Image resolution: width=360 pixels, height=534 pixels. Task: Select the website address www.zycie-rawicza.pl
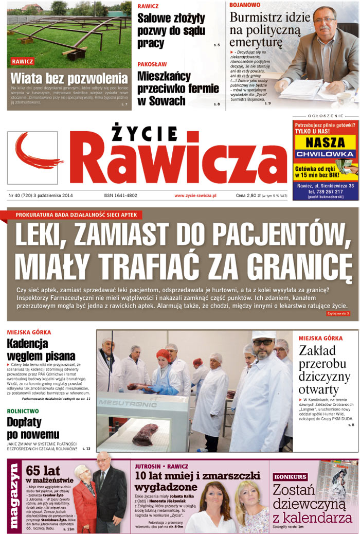coord(195,195)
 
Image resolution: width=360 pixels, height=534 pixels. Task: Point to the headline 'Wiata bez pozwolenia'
coord(69,79)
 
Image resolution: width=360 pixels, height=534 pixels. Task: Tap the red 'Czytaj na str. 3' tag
coord(338,313)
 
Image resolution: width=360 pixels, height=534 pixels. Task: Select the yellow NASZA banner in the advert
coord(325,144)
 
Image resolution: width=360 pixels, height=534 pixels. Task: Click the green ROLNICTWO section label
coord(23,411)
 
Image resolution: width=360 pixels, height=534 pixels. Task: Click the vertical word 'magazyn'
coord(14,496)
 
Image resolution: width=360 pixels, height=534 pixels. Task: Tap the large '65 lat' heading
coord(40,470)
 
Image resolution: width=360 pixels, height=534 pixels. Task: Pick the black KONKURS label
coord(291,476)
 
